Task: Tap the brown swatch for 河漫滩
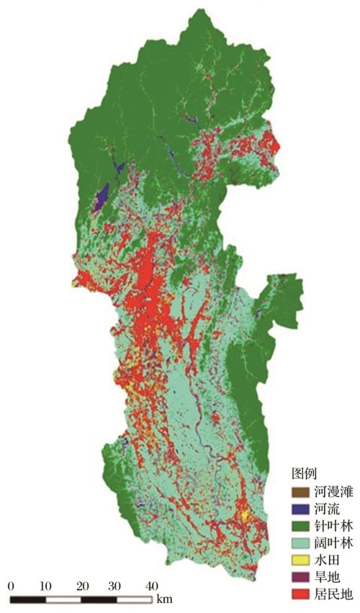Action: tap(299, 493)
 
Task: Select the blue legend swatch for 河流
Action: tap(299, 509)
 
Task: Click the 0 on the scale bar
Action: tap(11, 584)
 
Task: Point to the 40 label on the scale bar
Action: tap(153, 584)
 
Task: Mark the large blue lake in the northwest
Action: tap(102, 196)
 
